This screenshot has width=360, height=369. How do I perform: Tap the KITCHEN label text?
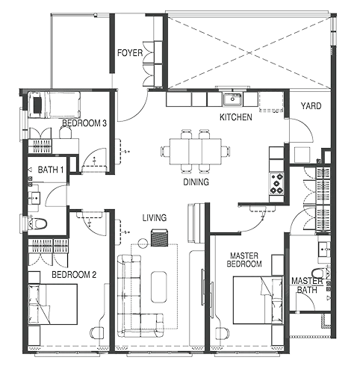pos(236,118)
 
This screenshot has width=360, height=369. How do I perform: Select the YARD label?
pos(310,107)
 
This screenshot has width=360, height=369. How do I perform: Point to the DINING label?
pos(196,182)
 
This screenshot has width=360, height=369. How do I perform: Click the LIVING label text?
pos(155,217)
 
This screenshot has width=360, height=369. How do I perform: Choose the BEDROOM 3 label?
pos(84,123)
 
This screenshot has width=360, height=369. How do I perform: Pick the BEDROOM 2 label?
pos(73,275)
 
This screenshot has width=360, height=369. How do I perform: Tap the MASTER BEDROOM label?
pos(245,260)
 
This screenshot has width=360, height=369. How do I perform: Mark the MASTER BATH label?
pos(307,285)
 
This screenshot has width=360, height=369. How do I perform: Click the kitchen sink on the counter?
pos(233,98)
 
